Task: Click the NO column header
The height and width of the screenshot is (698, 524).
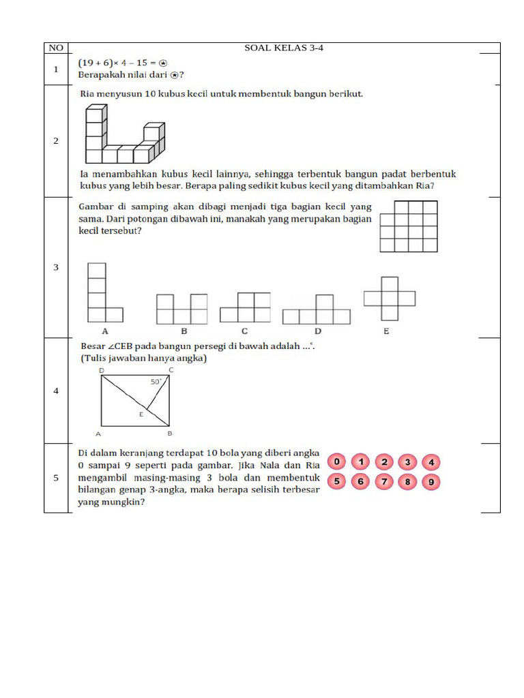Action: [x=56, y=48]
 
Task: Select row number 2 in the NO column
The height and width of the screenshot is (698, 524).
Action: [x=56, y=141]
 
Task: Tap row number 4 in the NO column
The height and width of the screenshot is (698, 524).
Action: [x=56, y=391]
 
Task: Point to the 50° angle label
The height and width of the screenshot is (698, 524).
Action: [x=156, y=382]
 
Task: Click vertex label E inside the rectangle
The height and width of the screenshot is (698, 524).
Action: [x=141, y=414]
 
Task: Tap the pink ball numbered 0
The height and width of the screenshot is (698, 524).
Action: [x=337, y=462]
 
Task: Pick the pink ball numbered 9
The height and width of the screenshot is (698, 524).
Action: [x=431, y=483]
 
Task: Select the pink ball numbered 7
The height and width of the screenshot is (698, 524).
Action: [x=384, y=483]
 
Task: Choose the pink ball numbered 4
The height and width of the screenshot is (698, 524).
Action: [x=431, y=462]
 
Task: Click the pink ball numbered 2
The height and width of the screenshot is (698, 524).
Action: [x=384, y=462]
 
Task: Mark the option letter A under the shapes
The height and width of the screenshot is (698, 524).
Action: [x=105, y=331]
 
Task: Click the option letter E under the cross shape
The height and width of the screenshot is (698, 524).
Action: [x=387, y=331]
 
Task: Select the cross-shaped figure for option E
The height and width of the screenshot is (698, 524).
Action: [x=390, y=299]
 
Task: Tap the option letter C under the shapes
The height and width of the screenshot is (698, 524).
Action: [x=244, y=331]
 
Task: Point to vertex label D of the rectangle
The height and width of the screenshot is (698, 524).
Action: [x=102, y=370]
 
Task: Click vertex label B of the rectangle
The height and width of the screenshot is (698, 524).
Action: [x=169, y=433]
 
